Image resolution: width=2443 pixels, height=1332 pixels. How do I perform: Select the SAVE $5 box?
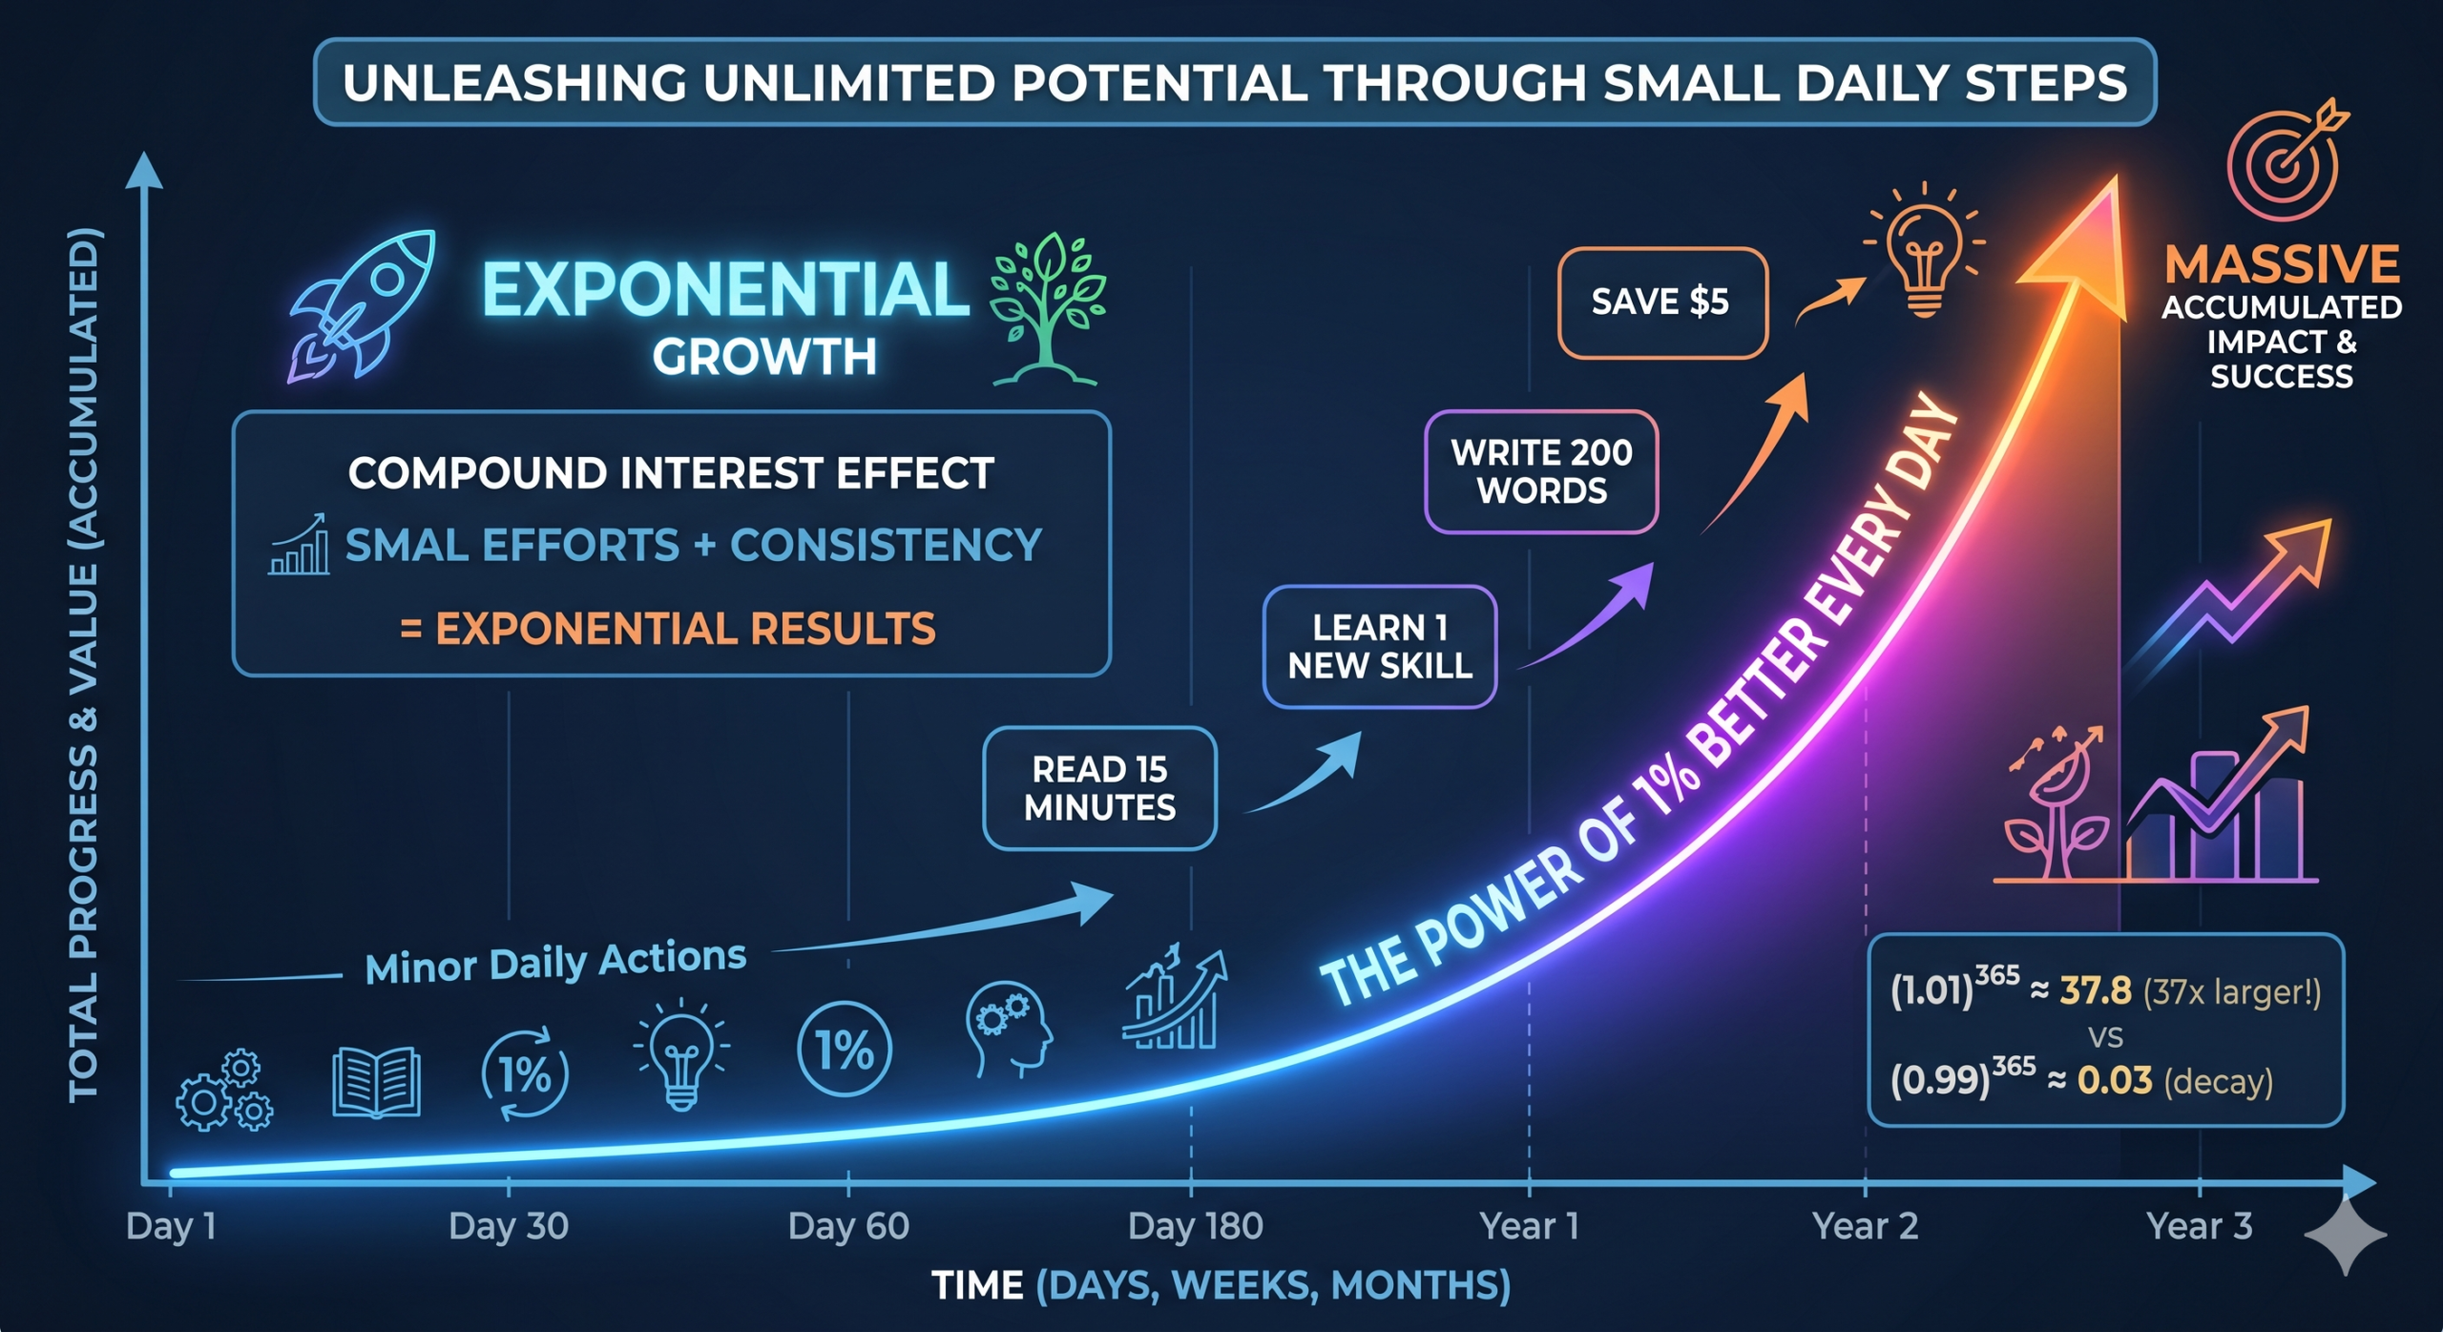tap(1662, 302)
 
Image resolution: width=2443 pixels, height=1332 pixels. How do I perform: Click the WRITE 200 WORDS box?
tap(1541, 471)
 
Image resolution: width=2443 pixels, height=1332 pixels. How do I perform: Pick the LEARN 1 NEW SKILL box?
tap(1380, 647)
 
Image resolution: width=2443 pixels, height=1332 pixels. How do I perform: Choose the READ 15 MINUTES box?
tap(1100, 788)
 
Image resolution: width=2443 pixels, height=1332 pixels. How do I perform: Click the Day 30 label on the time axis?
tap(509, 1226)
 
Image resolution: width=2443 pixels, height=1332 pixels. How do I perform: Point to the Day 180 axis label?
tap(1195, 1226)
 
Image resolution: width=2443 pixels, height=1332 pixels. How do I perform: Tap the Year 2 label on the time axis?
tap(1865, 1226)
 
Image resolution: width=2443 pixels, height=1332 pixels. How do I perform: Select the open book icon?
tap(376, 1082)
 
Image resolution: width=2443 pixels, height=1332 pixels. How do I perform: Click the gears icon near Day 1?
tap(225, 1092)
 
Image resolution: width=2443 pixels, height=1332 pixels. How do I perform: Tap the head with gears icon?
tap(1008, 1029)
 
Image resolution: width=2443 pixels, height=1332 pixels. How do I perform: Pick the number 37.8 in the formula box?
tap(2096, 991)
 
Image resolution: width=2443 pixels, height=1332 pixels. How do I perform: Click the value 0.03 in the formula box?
tap(2115, 1080)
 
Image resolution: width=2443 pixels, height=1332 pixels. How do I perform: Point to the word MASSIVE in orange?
tap(2282, 264)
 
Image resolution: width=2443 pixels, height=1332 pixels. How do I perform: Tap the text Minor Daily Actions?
tap(555, 962)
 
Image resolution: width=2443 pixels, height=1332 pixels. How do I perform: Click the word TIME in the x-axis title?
tap(977, 1285)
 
